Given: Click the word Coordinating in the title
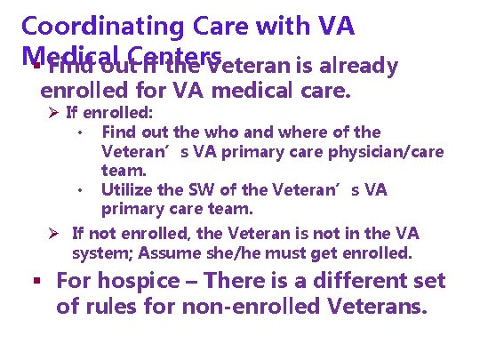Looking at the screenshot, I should [108, 27].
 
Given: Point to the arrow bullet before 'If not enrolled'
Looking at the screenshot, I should [54, 234].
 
